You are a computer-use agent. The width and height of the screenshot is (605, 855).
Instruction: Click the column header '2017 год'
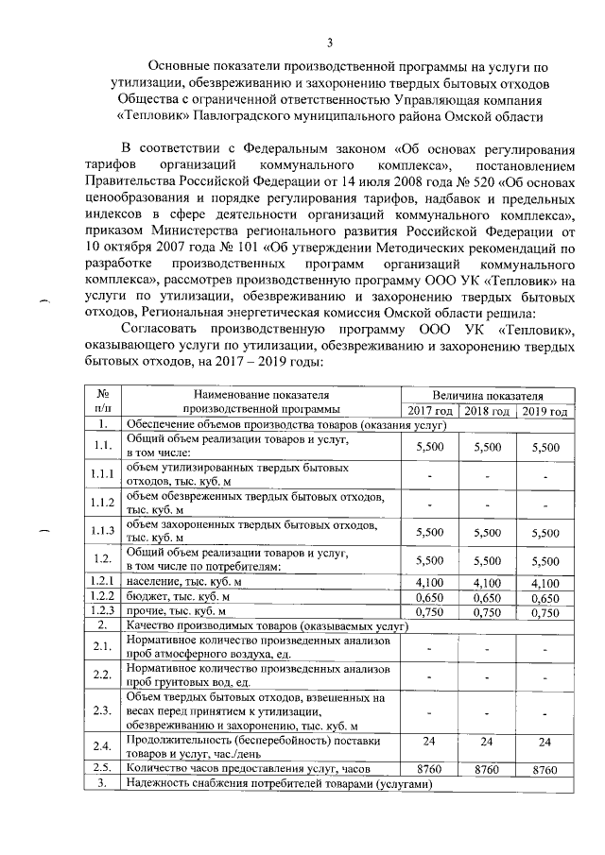click(429, 411)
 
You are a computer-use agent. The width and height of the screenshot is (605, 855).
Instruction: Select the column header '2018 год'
click(488, 411)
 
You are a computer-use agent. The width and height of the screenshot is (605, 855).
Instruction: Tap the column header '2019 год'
click(545, 411)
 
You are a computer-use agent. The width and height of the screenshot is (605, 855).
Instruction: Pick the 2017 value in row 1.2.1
click(429, 583)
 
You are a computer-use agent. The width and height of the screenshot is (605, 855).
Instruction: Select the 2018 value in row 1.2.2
click(488, 598)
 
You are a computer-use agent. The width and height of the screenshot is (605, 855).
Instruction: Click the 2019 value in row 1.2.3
click(545, 612)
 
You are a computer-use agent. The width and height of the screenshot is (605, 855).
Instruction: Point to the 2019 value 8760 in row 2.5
click(545, 770)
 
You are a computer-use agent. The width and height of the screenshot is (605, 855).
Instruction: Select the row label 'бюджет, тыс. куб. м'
click(172, 598)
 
